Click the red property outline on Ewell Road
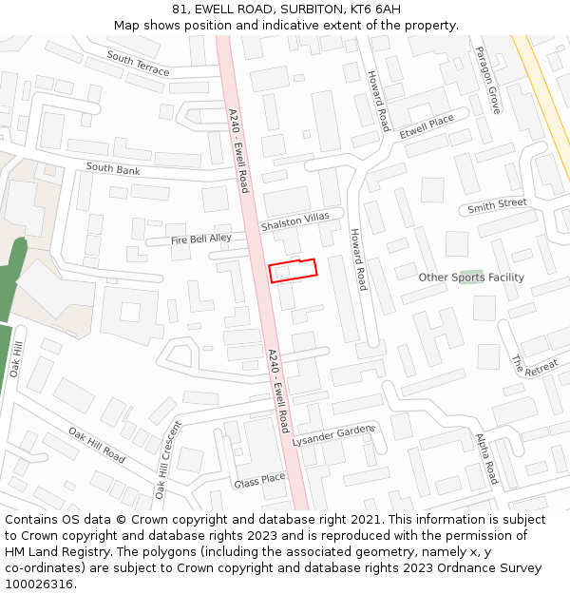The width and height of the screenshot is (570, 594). [x=293, y=270]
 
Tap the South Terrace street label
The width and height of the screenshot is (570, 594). [x=138, y=64]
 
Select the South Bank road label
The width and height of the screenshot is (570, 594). [x=113, y=169]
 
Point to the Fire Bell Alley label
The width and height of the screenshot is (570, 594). [x=200, y=240]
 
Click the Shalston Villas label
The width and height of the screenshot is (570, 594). [x=294, y=222]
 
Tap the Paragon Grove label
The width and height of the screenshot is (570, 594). [x=488, y=81]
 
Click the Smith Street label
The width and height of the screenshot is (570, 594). [x=497, y=205]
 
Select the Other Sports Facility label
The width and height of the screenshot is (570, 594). [x=471, y=278]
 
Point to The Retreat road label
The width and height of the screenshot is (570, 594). [x=535, y=366]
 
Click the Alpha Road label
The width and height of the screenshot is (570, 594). [x=486, y=458]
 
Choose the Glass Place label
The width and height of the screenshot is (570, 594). [x=259, y=480]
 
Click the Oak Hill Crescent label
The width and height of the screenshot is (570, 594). [x=167, y=460]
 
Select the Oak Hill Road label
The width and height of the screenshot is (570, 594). [x=96, y=445]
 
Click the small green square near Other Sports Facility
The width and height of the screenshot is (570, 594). [x=471, y=274]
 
